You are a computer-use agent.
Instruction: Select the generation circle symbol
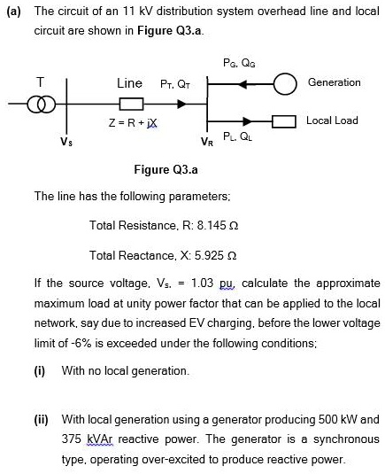click(x=286, y=86)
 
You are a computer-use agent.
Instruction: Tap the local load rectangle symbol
click(x=284, y=121)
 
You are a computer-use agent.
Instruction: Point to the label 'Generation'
click(x=334, y=82)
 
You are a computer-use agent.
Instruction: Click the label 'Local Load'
click(x=332, y=120)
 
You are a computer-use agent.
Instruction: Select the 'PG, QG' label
click(x=235, y=62)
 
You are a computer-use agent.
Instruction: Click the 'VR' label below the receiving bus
click(x=207, y=140)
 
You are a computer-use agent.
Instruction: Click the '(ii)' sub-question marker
click(x=42, y=418)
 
